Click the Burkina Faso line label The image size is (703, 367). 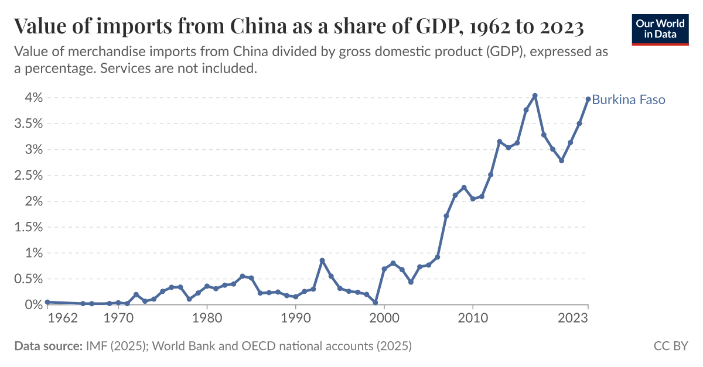point(629,100)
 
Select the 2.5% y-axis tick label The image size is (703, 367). point(26,176)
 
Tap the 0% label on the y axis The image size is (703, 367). point(30,305)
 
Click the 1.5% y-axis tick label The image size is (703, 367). point(26,227)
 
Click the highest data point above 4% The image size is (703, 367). point(535,95)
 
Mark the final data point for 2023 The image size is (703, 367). point(588,100)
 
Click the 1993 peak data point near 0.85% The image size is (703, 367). point(322,260)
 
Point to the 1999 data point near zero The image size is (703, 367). point(375,303)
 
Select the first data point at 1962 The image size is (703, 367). point(47,302)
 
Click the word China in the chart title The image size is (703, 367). point(254,26)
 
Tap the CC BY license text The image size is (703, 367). point(670,347)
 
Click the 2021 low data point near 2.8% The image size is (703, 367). point(561,160)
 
